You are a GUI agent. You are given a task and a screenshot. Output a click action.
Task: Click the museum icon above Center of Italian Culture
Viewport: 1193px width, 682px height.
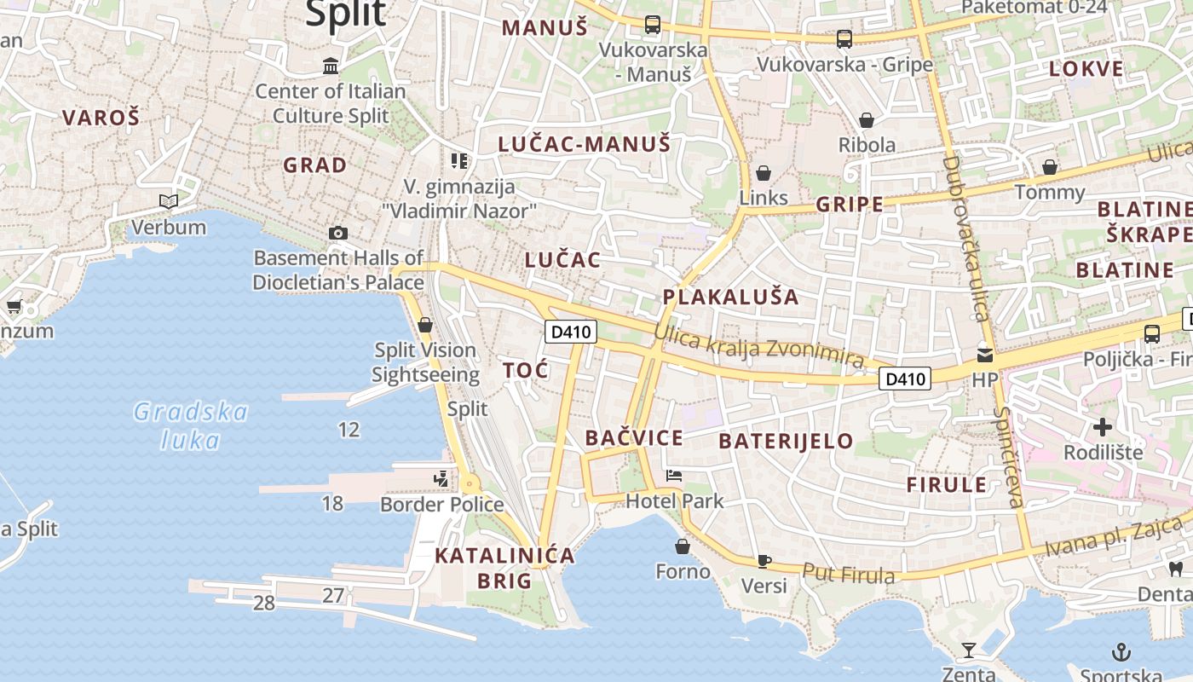click(x=331, y=66)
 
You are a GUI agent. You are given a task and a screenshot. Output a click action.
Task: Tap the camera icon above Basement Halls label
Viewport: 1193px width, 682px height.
click(x=338, y=233)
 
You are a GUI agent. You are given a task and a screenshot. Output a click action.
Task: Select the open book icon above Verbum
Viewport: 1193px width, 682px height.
click(x=169, y=202)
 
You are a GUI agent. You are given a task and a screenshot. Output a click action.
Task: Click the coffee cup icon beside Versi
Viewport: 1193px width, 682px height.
click(x=764, y=561)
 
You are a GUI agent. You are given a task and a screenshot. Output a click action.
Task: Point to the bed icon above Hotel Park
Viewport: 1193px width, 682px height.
click(x=674, y=475)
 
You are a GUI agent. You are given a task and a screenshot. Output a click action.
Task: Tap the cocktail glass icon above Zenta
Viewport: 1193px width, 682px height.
click(x=969, y=650)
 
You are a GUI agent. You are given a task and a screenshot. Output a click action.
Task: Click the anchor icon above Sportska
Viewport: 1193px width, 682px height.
click(x=1122, y=653)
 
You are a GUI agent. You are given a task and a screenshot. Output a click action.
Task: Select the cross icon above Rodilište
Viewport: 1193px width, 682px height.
click(x=1103, y=426)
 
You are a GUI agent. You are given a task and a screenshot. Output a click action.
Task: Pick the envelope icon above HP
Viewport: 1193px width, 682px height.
click(x=985, y=355)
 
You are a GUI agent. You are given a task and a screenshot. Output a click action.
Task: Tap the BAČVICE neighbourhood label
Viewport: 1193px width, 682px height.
click(x=634, y=438)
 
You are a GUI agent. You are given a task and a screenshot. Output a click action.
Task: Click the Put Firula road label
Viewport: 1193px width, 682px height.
click(x=849, y=574)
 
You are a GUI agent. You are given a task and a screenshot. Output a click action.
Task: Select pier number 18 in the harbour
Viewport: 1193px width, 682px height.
click(x=332, y=504)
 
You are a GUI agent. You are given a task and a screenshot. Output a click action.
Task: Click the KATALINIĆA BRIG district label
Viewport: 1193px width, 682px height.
click(x=504, y=569)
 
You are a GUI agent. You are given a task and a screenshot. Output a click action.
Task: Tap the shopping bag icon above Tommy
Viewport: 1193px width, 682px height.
click(x=1050, y=167)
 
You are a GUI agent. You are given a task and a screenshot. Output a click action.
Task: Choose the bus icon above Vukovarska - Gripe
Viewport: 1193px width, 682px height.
click(x=844, y=38)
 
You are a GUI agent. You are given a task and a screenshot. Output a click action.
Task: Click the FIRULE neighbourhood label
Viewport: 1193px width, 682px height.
click(x=946, y=485)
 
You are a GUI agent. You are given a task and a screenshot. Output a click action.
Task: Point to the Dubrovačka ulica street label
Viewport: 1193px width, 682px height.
click(x=964, y=239)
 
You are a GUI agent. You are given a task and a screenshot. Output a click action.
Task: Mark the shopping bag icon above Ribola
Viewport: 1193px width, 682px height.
click(x=867, y=120)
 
